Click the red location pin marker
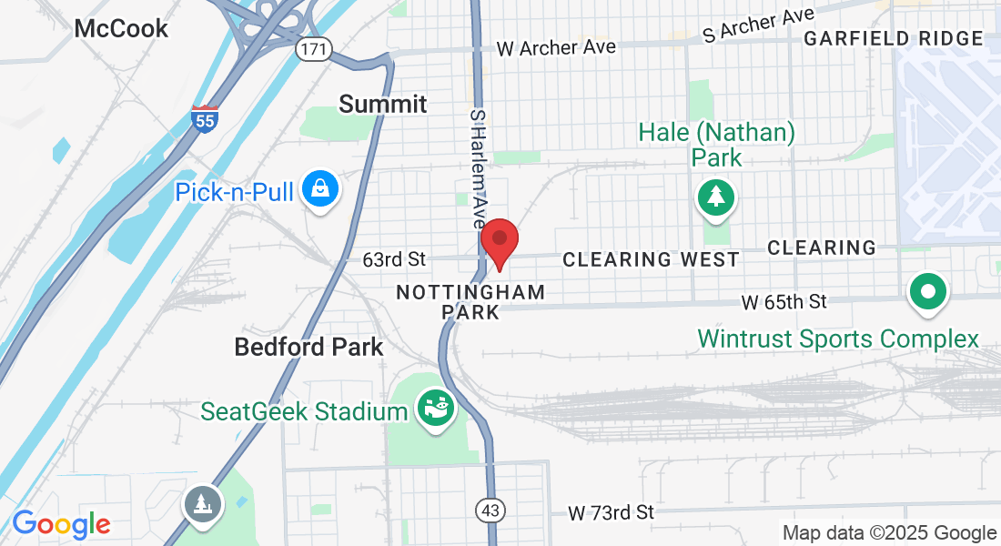[x=499, y=241]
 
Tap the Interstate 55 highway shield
[x=205, y=119]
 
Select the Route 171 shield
[x=311, y=48]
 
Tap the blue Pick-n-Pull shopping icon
[x=320, y=189]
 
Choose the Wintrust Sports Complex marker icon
[x=928, y=293]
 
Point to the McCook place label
[x=121, y=28]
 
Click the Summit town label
[x=383, y=104]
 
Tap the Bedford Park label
[x=308, y=347]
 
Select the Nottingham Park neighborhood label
[x=470, y=302]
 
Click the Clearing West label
[x=651, y=260]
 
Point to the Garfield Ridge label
[x=894, y=38]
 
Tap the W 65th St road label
[x=784, y=301]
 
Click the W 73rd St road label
[x=611, y=512]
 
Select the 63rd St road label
[x=394, y=260]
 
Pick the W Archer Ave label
[x=556, y=46]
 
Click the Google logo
[x=61, y=525]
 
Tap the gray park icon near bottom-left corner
[x=201, y=504]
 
